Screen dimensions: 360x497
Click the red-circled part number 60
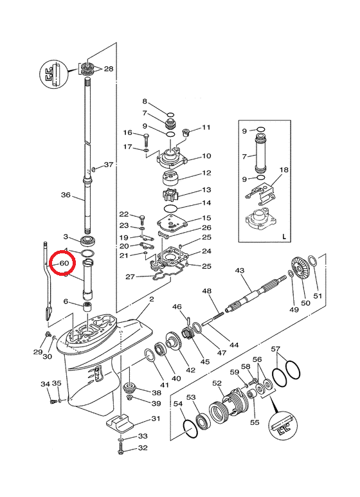click(64, 263)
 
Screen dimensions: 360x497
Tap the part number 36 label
click(66, 195)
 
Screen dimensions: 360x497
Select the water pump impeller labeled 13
click(171, 194)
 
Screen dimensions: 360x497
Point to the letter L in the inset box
click(284, 236)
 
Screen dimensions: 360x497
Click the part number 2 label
click(152, 299)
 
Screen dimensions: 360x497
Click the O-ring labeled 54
click(190, 429)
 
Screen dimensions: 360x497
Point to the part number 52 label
click(217, 383)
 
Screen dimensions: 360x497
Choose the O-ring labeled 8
click(170, 114)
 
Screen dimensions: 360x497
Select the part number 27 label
click(130, 276)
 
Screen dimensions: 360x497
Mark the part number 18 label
click(284, 170)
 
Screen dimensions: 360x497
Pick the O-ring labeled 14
click(171, 208)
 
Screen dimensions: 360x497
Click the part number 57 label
click(276, 349)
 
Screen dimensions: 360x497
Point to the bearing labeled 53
click(201, 422)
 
